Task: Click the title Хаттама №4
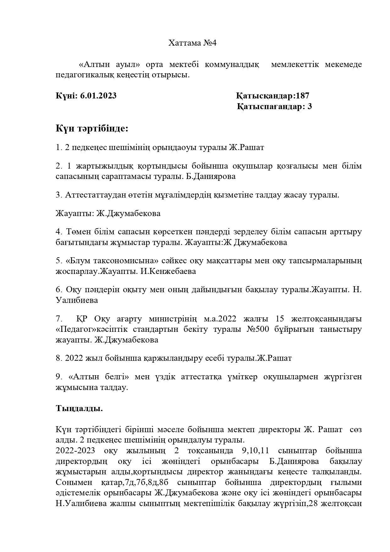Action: pyautogui.click(x=192, y=43)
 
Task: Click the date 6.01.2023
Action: pyautogui.click(x=98, y=96)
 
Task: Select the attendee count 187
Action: pyautogui.click(x=302, y=96)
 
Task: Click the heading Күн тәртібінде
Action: pyautogui.click(x=92, y=128)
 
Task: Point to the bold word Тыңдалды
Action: pyautogui.click(x=79, y=408)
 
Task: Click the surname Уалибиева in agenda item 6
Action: pyautogui.click(x=77, y=300)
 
